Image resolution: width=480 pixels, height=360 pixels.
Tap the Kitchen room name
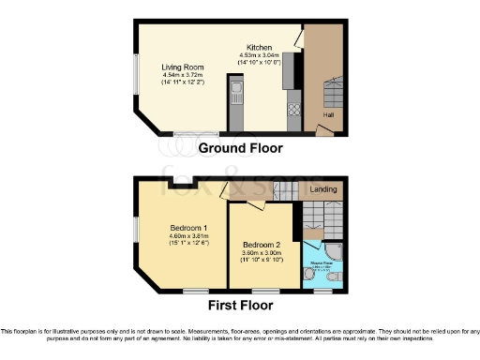click(260, 48)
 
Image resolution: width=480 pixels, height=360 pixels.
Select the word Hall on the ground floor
click(328, 115)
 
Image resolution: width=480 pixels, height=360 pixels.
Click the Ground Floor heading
click(240, 148)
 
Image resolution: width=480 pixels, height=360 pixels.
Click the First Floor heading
click(240, 305)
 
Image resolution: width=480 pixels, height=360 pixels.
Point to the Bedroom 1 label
click(188, 228)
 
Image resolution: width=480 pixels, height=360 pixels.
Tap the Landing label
click(323, 189)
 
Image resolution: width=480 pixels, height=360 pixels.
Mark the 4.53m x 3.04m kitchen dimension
click(260, 56)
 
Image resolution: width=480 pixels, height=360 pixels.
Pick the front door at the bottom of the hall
click(323, 131)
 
